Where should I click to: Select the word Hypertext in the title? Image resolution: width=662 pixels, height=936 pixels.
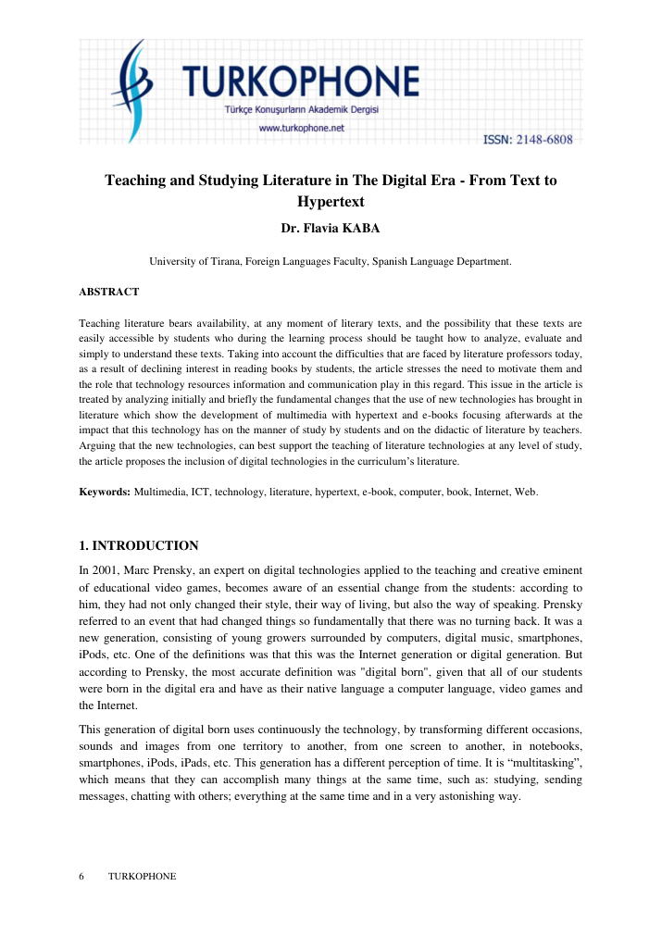point(331,200)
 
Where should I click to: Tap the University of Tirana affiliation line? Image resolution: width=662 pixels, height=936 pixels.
point(331,262)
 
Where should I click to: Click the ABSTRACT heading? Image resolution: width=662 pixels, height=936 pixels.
point(109,292)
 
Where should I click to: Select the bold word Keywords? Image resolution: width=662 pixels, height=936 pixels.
point(105,492)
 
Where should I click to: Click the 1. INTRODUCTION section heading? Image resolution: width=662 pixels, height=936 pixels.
point(139,545)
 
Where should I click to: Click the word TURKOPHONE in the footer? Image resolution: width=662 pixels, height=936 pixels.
point(142,876)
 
